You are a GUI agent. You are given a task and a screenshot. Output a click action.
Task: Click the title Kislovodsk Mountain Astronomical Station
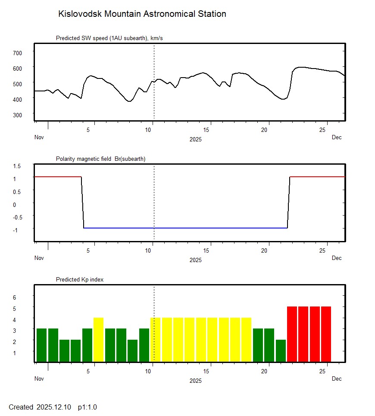(x=142, y=14)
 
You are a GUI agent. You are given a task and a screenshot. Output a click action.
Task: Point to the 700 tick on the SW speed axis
(x=17, y=53)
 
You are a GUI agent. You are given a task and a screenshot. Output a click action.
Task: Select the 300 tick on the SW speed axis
(x=17, y=115)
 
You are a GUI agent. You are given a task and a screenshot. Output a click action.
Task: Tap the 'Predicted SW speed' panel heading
(x=109, y=38)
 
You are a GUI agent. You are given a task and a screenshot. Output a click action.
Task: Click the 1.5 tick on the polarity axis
(x=17, y=166)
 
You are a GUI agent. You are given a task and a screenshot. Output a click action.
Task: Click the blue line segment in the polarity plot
(x=185, y=228)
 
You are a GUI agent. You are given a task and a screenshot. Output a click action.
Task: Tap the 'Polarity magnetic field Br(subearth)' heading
(x=100, y=159)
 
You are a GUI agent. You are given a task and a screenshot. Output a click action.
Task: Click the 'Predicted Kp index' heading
(x=80, y=280)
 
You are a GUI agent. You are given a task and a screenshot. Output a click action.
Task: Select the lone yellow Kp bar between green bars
(x=98, y=339)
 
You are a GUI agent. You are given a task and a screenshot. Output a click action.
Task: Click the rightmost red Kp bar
(x=326, y=334)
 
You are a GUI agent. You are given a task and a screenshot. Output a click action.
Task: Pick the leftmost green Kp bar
(x=41, y=345)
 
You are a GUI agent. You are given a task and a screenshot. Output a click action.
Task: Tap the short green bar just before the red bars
(x=280, y=350)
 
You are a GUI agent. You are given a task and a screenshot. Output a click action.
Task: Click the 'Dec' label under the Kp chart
(x=337, y=379)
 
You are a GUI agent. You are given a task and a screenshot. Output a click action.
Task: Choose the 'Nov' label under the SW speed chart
(x=39, y=138)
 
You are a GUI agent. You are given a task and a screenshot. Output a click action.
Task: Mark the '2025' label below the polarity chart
(x=195, y=260)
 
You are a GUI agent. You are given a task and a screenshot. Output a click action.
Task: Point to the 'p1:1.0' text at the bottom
(x=87, y=407)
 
